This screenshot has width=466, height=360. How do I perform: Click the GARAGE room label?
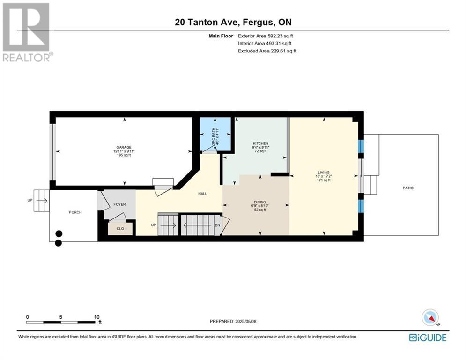coord(124,147)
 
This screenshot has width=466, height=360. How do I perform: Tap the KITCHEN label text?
coord(261,143)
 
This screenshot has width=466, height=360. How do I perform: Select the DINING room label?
coord(260,202)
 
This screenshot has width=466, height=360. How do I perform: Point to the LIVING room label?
coord(324,172)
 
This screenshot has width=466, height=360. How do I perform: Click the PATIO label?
coord(408,188)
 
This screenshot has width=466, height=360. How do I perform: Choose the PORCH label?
coord(75,212)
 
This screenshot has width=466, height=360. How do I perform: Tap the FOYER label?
coord(119,204)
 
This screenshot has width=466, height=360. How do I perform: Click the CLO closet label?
coord(120,229)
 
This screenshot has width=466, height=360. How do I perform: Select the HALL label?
coord(203,194)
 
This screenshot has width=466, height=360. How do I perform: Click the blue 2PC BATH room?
coord(215,135)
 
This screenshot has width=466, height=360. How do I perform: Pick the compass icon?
coord(430,317)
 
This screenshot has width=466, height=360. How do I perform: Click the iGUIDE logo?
coord(428,337)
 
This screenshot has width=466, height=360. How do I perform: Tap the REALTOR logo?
coord(27,32)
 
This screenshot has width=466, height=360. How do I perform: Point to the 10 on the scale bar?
coord(96,317)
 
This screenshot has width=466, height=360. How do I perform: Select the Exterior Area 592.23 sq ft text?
coord(266,36)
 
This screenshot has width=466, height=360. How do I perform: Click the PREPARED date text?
coord(233,321)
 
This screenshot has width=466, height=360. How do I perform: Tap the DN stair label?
coord(218,225)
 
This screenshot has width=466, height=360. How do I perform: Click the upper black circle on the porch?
coord(59,233)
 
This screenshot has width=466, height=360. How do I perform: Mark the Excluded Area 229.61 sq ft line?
coord(267,51)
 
